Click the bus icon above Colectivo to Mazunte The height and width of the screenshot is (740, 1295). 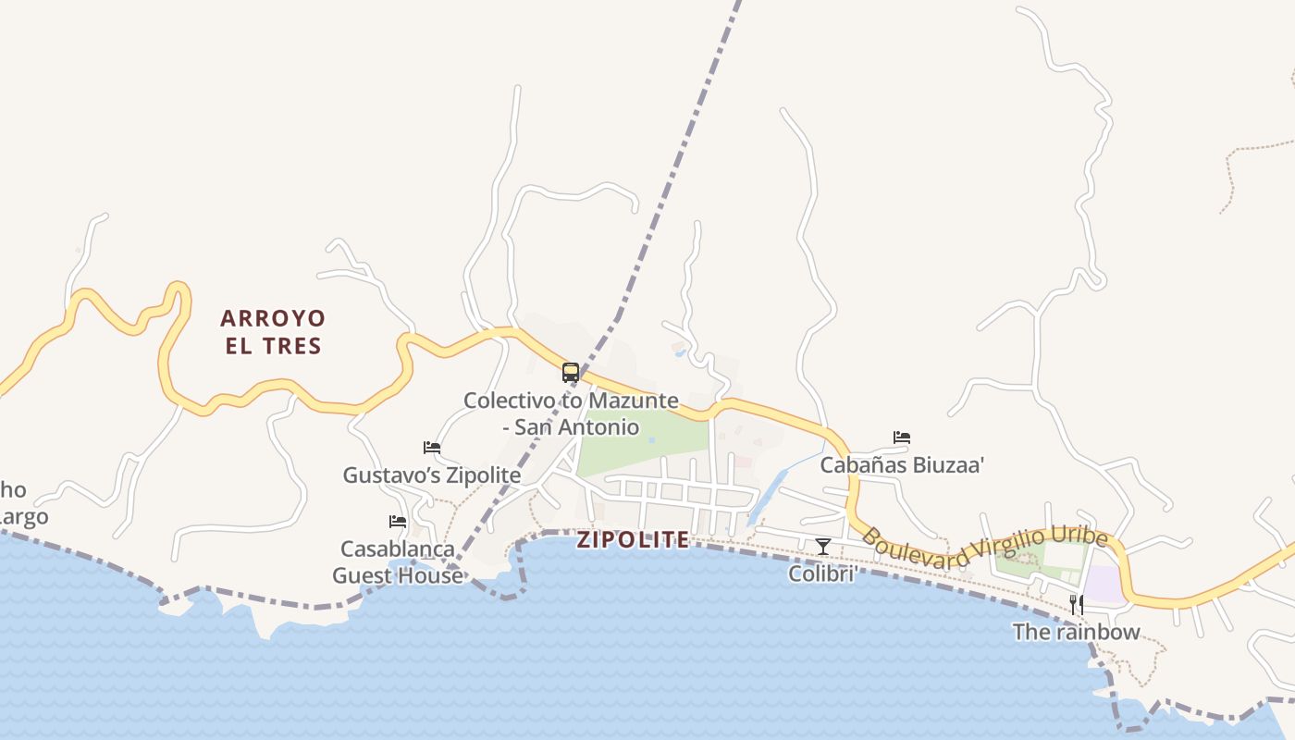tap(571, 373)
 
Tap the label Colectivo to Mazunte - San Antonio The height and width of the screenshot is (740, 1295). tap(571, 413)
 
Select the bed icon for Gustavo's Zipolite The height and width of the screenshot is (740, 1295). tap(432, 448)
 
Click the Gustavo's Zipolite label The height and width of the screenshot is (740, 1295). tap(432, 475)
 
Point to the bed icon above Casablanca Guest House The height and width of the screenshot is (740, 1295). tap(398, 522)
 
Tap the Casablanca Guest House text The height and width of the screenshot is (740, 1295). tap(398, 562)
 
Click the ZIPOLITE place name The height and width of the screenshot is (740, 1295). tap(634, 540)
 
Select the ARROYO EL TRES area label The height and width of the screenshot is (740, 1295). tap(273, 332)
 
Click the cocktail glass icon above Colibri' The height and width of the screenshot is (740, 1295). tap(823, 547)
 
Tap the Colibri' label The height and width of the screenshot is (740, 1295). tap(823, 573)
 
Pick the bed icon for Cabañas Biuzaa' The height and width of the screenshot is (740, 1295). tap(902, 438)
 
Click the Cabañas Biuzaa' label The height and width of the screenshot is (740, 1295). tap(902, 464)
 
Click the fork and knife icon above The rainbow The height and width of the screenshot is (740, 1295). tap(1077, 605)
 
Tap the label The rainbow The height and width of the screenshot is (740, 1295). tap(1077, 633)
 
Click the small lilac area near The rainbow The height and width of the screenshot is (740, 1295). tap(1103, 585)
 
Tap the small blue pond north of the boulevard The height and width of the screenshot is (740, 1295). tap(680, 351)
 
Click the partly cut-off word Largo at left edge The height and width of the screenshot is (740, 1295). tap(24, 517)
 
